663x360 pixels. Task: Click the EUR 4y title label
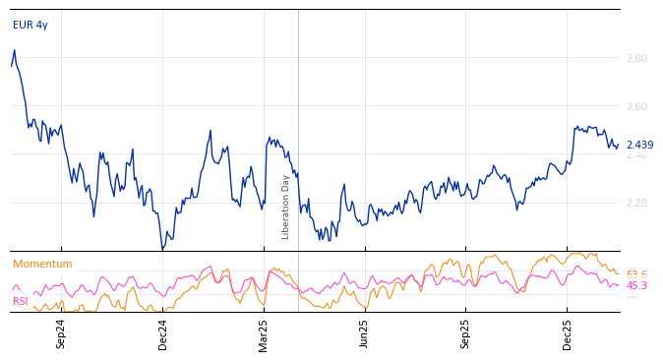point(30,25)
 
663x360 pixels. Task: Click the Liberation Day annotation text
point(286,207)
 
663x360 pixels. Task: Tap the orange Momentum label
point(42,265)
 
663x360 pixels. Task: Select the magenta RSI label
point(21,301)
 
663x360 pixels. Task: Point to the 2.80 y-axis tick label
point(636,58)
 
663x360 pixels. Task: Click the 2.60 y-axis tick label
point(636,106)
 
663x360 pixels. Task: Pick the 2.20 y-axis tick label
point(636,203)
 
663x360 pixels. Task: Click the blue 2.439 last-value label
point(639,146)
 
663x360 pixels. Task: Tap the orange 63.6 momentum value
point(636,274)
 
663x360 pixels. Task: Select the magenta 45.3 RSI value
point(636,285)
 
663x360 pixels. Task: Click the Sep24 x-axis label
point(61,333)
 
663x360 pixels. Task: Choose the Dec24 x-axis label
point(163,333)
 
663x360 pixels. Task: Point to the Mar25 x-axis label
point(264,333)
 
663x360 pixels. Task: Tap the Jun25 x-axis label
point(365,333)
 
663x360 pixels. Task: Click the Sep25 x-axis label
point(466,333)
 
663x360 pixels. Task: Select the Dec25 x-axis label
point(568,333)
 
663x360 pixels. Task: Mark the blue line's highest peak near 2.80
point(14,50)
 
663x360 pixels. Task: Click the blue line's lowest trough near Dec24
point(162,250)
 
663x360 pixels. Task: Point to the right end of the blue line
point(618,145)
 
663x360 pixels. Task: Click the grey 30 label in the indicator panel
point(632,295)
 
